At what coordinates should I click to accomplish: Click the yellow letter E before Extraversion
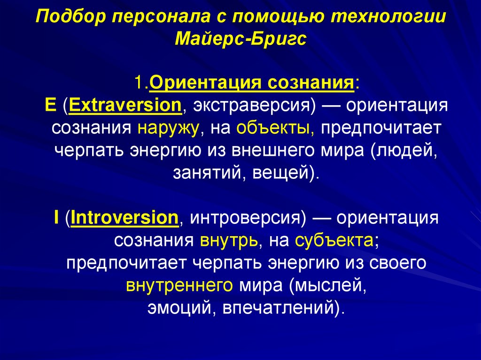coord(50,105)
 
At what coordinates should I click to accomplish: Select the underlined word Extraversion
coord(125,105)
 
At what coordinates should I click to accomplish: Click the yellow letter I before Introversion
coord(56,218)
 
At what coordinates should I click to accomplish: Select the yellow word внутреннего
coord(179,285)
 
